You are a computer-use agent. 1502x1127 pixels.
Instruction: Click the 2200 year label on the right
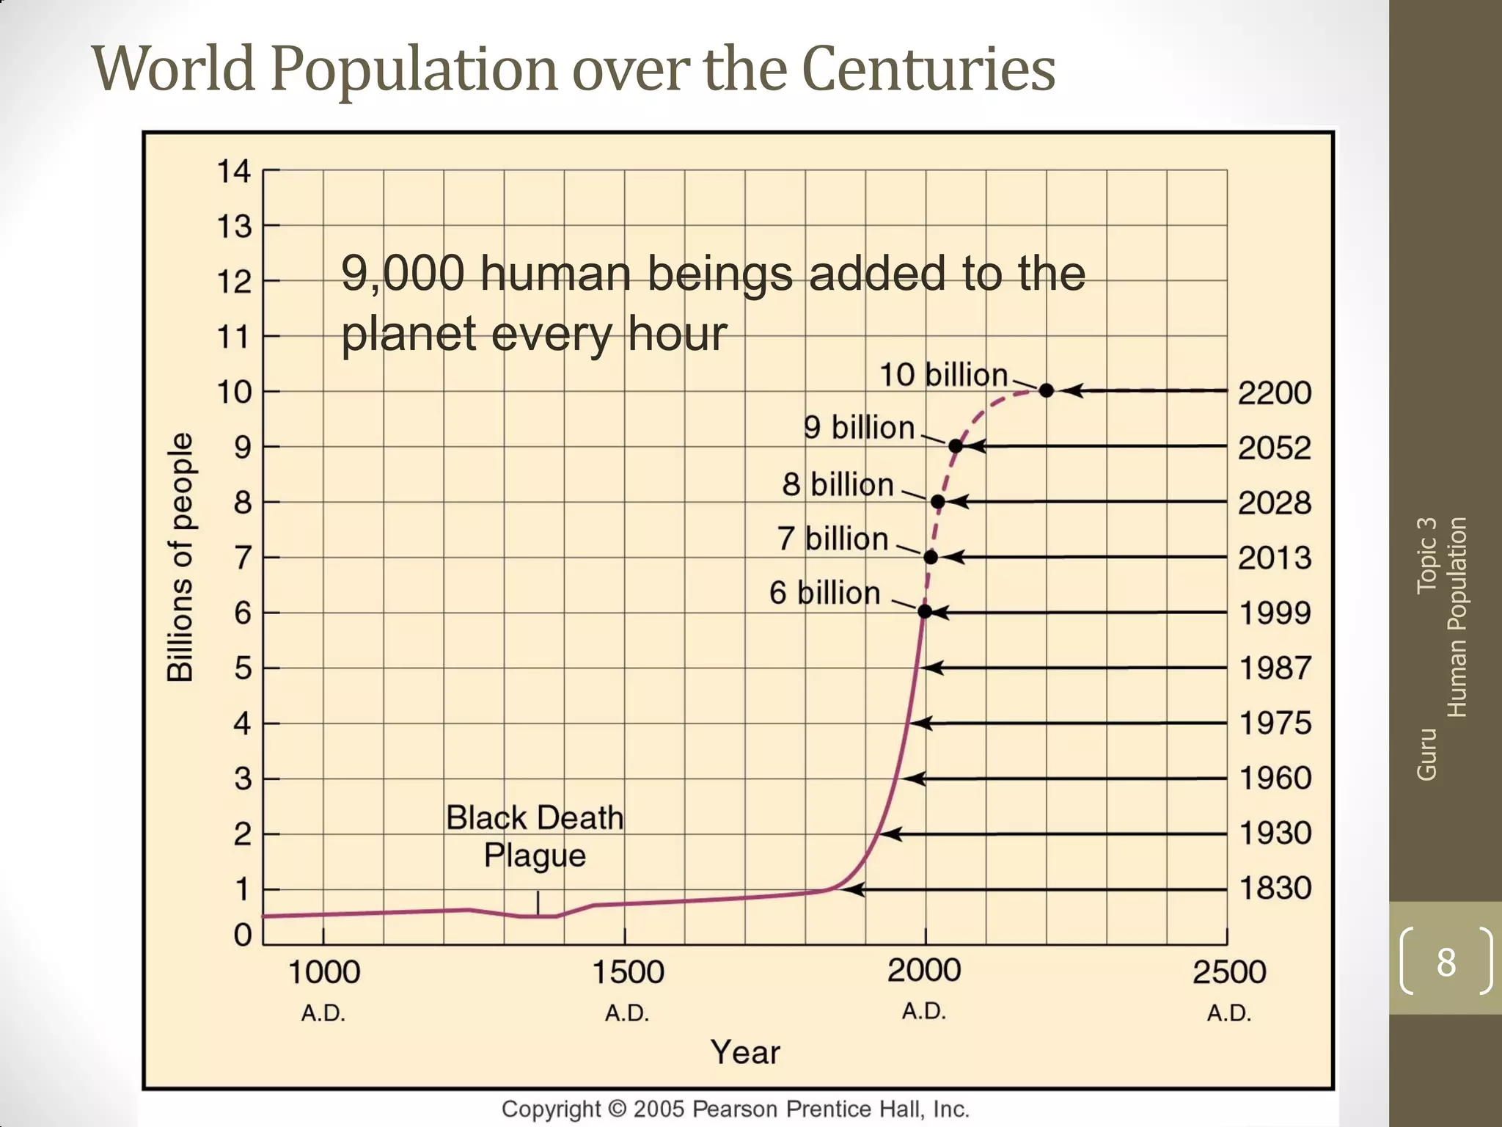click(x=1275, y=393)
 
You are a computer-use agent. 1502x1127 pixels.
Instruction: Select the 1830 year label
click(x=1275, y=889)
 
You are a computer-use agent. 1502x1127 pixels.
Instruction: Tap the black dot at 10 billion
click(x=1047, y=390)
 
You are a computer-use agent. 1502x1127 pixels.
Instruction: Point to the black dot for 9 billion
click(x=956, y=445)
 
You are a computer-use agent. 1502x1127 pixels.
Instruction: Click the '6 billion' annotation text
click(x=824, y=593)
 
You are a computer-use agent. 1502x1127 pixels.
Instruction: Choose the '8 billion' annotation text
click(x=838, y=485)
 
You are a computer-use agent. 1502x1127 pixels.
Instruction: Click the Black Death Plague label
click(x=535, y=836)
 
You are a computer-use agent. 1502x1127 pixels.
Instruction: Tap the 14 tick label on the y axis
click(x=234, y=172)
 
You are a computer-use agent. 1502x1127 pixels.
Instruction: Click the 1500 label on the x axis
click(x=628, y=973)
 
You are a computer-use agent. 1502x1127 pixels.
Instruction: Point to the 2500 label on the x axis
click(x=1229, y=973)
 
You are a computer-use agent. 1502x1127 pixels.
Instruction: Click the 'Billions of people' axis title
click(x=180, y=558)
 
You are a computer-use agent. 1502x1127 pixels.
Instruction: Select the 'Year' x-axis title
click(x=744, y=1052)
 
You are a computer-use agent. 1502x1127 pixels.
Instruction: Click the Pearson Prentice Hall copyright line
click(x=735, y=1109)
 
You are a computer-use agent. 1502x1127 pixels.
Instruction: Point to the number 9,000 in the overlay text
click(x=403, y=274)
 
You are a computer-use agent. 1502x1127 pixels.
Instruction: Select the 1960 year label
click(x=1275, y=778)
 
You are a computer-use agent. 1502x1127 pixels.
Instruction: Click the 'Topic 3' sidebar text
click(x=1426, y=555)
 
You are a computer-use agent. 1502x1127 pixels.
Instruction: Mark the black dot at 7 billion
click(x=931, y=557)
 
